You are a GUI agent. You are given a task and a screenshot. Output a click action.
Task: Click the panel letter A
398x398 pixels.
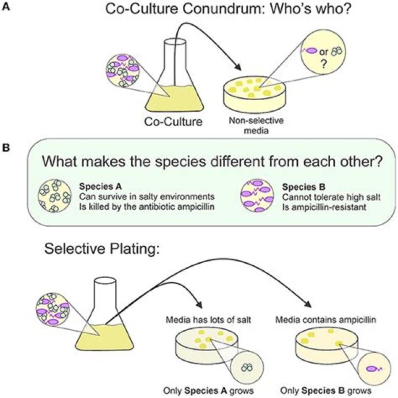pyautogui.click(x=6, y=9)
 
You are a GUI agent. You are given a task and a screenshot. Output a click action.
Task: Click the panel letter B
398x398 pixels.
pyautogui.click(x=6, y=148)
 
